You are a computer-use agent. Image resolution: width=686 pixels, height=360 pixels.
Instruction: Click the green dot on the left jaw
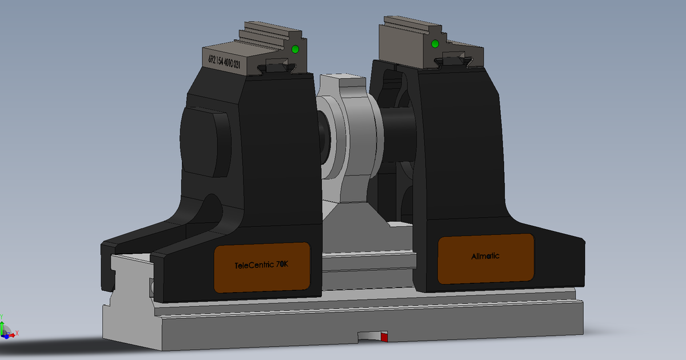coord(295,50)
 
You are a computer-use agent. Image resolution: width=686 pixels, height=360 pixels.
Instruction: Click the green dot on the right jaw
coord(435,44)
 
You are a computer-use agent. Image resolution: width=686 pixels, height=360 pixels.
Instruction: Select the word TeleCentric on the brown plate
coord(254,266)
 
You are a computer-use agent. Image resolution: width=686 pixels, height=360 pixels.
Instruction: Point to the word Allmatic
coord(485,256)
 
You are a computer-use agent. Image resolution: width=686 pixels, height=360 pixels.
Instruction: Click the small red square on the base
coord(384,338)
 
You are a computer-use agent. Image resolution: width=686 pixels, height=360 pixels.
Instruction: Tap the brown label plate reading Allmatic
coord(485,258)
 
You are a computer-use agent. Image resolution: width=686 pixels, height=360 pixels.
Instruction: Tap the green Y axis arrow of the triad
coord(2,320)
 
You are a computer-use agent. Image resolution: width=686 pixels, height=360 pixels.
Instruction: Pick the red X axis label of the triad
coord(17,333)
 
